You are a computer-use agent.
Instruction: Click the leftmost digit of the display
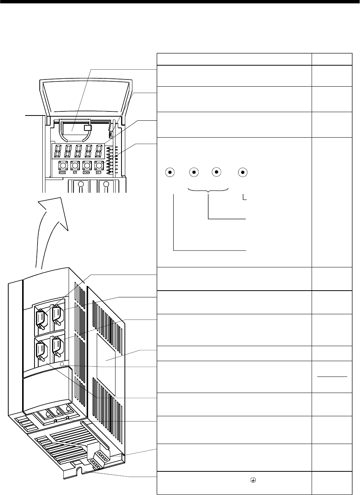click(x=58, y=151)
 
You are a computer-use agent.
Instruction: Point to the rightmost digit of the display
click(x=99, y=151)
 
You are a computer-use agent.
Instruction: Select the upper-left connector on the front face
click(x=40, y=318)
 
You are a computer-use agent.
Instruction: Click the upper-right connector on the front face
click(x=57, y=313)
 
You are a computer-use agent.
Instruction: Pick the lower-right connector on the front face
click(x=57, y=345)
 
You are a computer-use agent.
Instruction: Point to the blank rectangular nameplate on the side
click(x=106, y=360)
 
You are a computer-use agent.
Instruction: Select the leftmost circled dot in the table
click(x=170, y=172)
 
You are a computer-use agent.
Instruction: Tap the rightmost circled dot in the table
click(x=243, y=172)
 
